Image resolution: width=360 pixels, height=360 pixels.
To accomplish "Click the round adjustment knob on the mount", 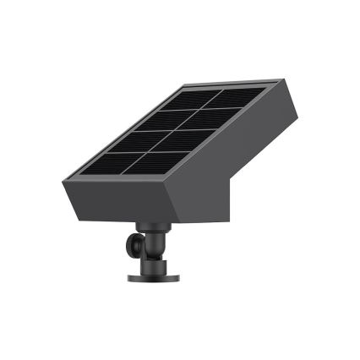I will [133, 245].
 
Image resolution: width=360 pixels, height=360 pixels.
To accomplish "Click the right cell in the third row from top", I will [185, 139].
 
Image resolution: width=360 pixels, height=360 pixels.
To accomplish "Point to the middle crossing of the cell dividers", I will [177, 129].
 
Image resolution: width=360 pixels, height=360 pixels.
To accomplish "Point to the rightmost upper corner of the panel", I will [280, 80].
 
